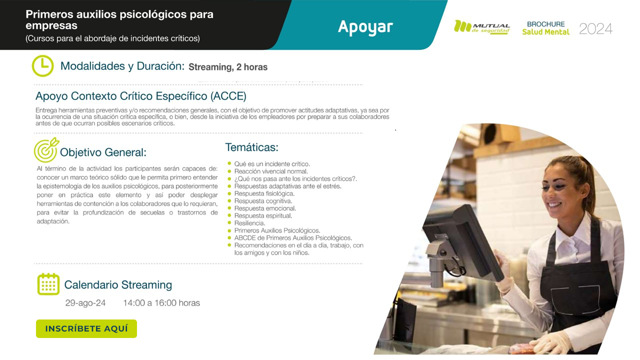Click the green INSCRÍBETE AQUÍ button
[86, 328]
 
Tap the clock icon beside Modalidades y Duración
[42, 65]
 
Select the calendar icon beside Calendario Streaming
[48, 284]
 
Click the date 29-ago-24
[85, 302]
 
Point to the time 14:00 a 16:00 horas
[161, 302]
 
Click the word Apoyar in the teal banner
[365, 26]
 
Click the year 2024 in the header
[595, 29]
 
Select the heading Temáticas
[251, 147]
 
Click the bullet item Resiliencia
[249, 223]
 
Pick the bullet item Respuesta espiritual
[263, 215]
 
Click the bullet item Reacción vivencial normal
[271, 171]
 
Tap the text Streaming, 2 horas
[228, 67]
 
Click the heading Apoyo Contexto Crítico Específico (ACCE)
[141, 96]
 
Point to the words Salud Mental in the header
[545, 32]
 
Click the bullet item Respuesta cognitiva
[263, 200]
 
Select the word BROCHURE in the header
[545, 24]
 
